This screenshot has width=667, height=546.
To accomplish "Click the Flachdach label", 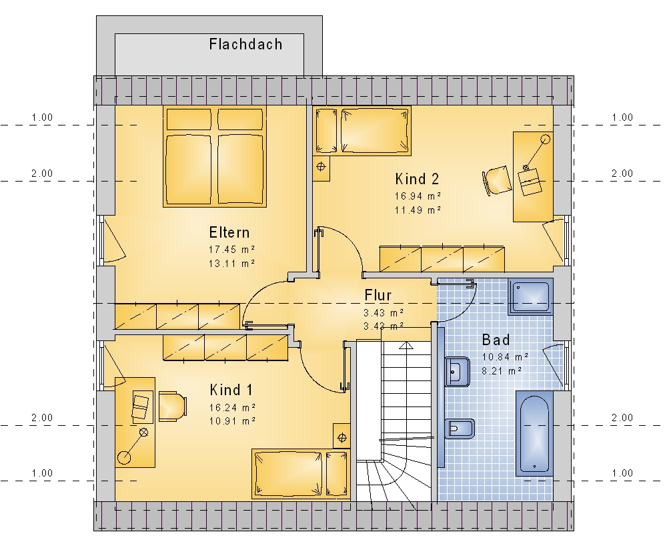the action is pos(245,44).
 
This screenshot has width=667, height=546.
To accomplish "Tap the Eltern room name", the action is pos(229,232).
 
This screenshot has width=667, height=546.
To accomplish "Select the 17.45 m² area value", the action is pos(231,250).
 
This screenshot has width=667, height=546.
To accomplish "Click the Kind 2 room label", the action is pos(417,179).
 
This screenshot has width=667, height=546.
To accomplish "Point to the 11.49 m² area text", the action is pos(418,210).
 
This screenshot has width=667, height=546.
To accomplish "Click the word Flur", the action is pos(378,295).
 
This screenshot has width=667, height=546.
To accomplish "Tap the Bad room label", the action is pos(496,340).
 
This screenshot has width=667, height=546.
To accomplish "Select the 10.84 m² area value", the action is pos(505,356).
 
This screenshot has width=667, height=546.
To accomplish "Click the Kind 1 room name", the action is pos(231,390).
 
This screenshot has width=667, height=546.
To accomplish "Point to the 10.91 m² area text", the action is pos(232,421).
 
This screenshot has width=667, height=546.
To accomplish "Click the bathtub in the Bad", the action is pos(534,433).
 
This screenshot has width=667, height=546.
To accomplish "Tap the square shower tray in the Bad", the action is pos(530,296).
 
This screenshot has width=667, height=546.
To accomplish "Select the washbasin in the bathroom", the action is pos(458,372).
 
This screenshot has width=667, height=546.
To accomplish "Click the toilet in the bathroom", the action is pos(460,429).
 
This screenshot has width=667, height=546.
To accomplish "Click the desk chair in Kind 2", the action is pos(498,180).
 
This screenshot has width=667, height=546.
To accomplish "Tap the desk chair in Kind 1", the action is pos(173,406).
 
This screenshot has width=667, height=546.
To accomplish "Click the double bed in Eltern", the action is pos(215,156).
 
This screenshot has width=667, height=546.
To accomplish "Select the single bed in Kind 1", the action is pos(301,474).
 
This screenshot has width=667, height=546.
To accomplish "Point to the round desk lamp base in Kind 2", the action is pos(546,139).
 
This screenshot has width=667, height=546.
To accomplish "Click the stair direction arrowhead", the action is pos(407,345).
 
